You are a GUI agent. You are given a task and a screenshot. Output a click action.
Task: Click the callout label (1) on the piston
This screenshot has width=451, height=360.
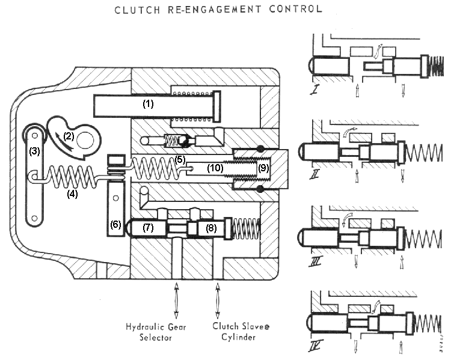click(x=148, y=103)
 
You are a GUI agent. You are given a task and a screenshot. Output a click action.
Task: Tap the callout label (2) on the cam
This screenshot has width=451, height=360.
click(x=69, y=136)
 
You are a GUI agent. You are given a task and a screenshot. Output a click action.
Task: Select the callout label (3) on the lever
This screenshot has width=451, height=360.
click(x=35, y=151)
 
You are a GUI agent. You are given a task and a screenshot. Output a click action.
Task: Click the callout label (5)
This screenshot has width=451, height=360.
click(x=179, y=159)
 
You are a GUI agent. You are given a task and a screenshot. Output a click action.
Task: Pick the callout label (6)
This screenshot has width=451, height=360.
click(x=116, y=225)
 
